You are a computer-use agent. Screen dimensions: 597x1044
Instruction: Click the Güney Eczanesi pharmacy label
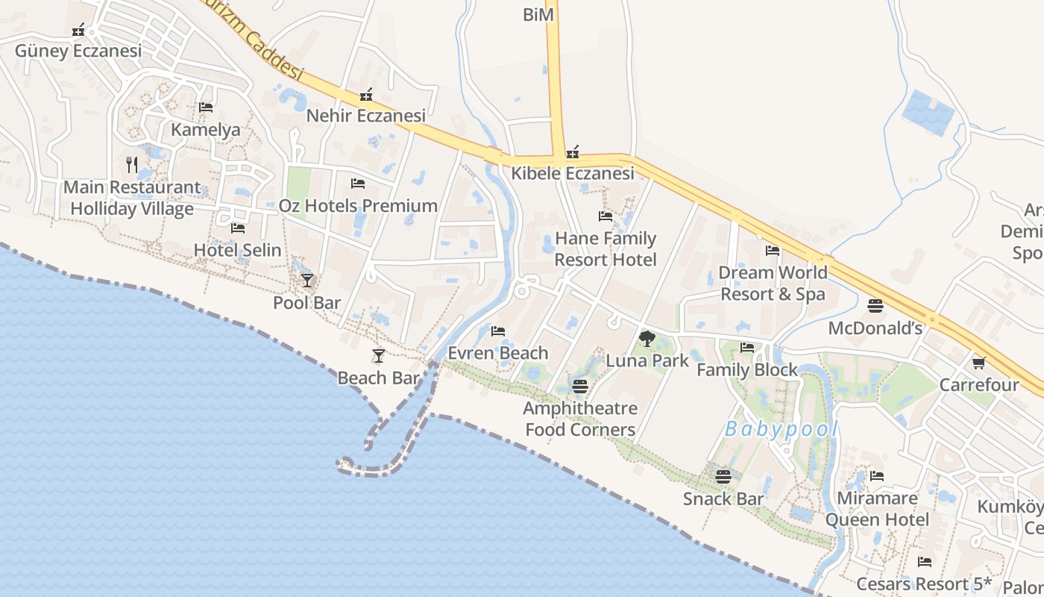[78, 51]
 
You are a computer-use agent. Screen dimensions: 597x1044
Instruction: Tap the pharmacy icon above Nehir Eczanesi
[366, 96]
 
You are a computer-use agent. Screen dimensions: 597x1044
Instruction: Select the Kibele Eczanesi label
[572, 173]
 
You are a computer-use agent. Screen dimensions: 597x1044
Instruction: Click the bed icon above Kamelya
[206, 108]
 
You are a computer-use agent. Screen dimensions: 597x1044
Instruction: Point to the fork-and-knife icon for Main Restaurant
[132, 165]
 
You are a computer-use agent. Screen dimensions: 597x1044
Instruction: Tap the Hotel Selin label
[237, 250]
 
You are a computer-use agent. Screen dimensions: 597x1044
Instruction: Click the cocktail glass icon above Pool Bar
[306, 281]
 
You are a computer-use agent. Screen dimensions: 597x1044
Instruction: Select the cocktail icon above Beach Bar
[379, 356]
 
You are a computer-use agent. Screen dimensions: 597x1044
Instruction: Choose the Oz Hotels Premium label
[358, 205]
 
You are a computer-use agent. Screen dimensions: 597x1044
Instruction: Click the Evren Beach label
[498, 353]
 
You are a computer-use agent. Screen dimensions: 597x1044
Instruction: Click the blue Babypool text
[782, 429]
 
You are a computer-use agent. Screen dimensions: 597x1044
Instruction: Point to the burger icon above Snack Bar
[723, 476]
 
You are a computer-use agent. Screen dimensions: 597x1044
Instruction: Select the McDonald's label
[875, 328]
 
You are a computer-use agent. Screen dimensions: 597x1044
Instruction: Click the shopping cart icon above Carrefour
[978, 363]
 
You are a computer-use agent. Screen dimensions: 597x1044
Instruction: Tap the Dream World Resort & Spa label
[772, 283]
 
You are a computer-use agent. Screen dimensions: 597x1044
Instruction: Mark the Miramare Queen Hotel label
[877, 509]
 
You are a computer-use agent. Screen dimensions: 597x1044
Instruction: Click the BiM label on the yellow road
[538, 15]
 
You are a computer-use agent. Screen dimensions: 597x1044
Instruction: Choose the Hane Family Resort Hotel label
[605, 249]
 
